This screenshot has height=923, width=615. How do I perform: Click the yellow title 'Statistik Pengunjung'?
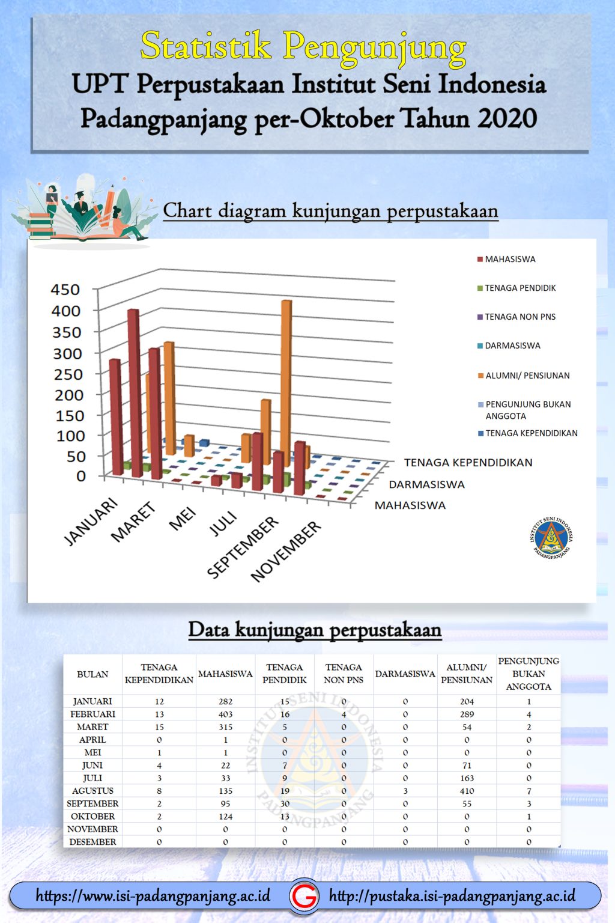[303, 46]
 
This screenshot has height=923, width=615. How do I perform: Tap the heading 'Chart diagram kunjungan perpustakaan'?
[330, 211]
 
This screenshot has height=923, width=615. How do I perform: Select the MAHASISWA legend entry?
[510, 259]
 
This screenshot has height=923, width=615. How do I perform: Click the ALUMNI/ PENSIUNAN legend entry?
[527, 376]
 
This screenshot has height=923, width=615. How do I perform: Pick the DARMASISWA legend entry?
[512, 346]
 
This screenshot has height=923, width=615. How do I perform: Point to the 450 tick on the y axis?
[65, 290]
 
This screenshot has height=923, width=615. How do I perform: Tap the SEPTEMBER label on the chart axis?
[243, 547]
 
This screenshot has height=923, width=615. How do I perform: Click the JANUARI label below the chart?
[91, 522]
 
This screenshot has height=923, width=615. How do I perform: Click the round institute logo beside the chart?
[551, 537]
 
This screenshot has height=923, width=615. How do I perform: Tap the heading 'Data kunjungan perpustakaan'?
[315, 629]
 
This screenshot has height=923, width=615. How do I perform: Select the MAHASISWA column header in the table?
[225, 674]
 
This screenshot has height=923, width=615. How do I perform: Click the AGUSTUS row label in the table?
[92, 791]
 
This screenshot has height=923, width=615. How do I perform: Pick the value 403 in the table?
[225, 714]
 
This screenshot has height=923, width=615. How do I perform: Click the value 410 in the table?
[467, 791]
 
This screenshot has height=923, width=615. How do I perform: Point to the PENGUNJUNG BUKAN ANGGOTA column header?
[529, 674]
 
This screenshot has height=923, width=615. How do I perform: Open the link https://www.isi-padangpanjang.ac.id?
[153, 896]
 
